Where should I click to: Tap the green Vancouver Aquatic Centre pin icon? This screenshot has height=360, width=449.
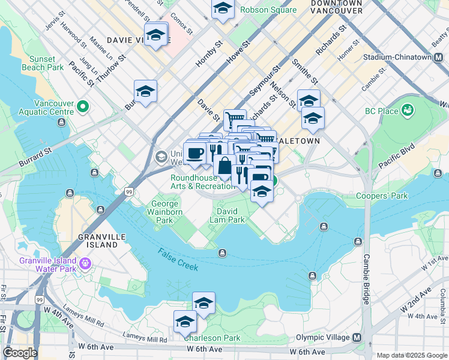point(83,107)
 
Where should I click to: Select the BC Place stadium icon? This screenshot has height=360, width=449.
point(409,110)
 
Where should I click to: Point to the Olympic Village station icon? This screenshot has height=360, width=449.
point(358,338)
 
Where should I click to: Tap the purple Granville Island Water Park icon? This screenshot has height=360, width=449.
point(85,263)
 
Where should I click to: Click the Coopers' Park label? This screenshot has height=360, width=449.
point(381,196)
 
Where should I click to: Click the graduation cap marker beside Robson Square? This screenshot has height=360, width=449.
point(223,8)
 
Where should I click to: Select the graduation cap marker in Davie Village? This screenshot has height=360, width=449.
point(155,34)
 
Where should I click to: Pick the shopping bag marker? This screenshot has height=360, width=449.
point(224,166)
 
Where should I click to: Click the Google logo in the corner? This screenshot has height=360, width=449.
point(19,353)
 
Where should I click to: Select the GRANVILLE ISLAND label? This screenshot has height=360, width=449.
point(98,241)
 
